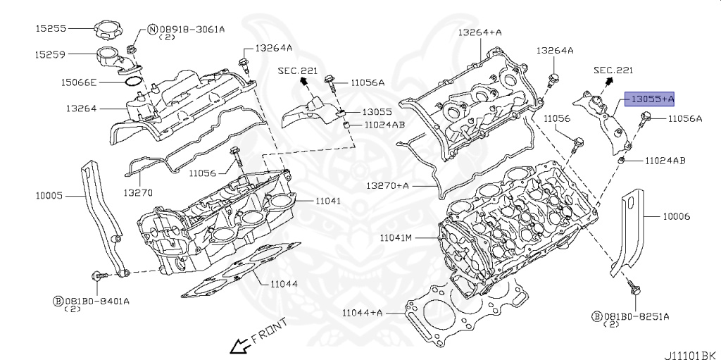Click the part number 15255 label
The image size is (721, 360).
(x=51, y=29)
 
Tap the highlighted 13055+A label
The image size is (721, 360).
(x=653, y=99)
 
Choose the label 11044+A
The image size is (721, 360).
(x=363, y=312)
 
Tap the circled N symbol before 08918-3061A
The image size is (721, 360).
(x=152, y=29)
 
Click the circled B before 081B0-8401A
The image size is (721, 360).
(x=58, y=300)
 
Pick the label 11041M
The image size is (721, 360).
(x=396, y=237)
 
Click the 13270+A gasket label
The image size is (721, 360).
(x=387, y=185)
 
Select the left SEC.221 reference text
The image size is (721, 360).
(x=298, y=70)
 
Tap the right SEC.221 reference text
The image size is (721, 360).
(x=613, y=70)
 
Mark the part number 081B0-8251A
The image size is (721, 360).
(x=636, y=316)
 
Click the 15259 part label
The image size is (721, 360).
(x=51, y=54)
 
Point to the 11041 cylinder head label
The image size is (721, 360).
(x=328, y=201)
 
